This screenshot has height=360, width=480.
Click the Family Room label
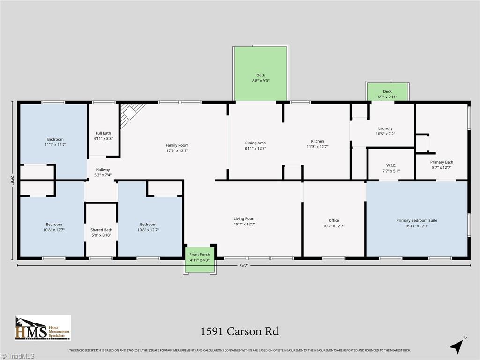(177, 148)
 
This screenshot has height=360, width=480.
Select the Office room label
(334, 223)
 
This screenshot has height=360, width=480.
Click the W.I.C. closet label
(391, 168)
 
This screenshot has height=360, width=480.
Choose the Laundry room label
(385, 131)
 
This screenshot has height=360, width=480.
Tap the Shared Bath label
(101, 232)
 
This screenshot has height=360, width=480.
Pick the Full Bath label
(103, 135)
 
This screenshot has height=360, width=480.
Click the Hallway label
(103, 172)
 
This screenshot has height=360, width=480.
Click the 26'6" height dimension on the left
(12, 180)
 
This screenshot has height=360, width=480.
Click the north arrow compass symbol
(457, 345)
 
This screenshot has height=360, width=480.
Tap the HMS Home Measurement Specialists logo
(43, 328)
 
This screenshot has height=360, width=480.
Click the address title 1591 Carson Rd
(240, 331)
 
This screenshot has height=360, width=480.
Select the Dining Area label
(255, 145)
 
